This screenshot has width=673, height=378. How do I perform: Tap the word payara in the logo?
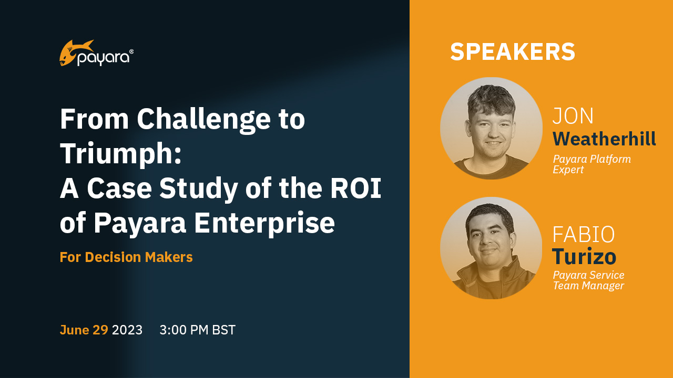[x=104, y=58]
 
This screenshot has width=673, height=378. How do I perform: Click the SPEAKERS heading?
[x=513, y=52]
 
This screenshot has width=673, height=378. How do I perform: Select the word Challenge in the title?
[x=203, y=120]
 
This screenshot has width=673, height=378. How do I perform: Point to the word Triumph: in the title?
[x=121, y=154]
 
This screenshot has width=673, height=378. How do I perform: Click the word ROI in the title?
[x=356, y=188]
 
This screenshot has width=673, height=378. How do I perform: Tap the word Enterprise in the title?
[x=264, y=223]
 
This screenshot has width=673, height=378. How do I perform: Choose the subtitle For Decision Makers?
[x=126, y=257]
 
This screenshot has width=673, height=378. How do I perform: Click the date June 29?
[x=84, y=330]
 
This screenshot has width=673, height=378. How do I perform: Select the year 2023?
[x=127, y=330]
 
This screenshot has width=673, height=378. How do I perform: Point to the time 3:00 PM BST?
[x=197, y=330]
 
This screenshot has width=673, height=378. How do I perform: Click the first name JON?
[x=573, y=116]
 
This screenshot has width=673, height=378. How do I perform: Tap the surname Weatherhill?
[x=604, y=139]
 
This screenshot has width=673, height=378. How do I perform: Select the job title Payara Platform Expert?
[x=592, y=164]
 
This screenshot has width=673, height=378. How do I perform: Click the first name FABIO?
[x=584, y=234]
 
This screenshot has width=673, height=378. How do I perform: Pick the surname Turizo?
[x=584, y=257]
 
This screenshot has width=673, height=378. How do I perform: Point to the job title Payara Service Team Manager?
[x=589, y=280]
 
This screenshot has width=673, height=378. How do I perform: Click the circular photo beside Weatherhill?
[x=491, y=129]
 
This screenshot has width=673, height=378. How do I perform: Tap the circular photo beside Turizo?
[x=491, y=248]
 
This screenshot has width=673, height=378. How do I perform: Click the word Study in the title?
[x=199, y=189]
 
